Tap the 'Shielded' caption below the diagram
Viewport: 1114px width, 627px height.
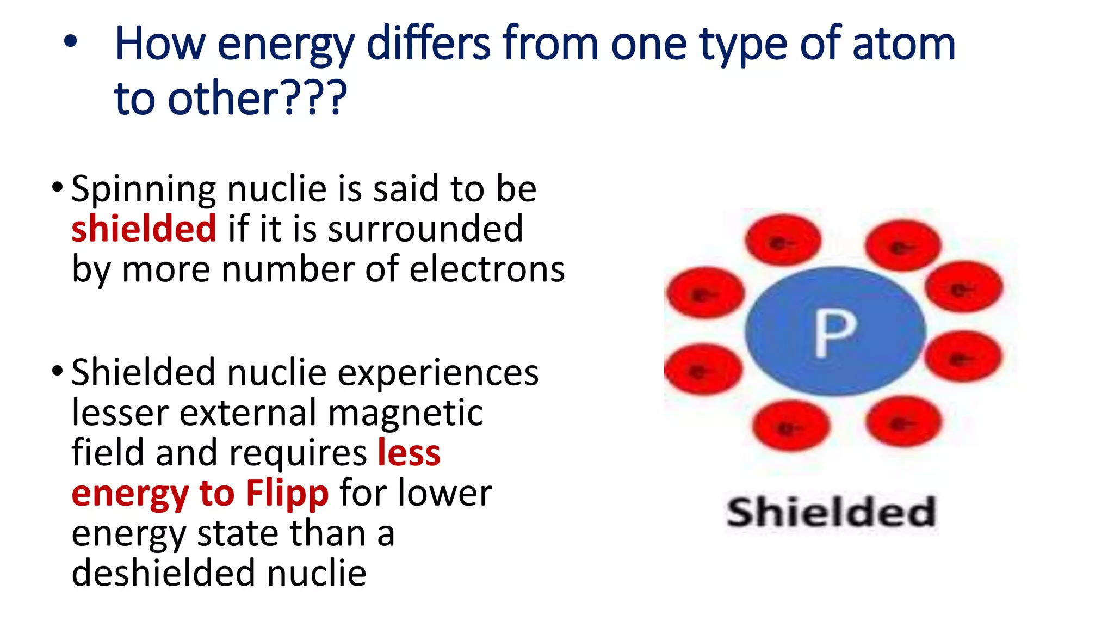tap(831, 512)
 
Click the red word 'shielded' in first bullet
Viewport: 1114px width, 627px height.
tap(144, 229)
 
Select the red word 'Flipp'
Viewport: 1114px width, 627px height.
tap(287, 493)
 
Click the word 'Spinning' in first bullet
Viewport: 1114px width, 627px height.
tap(143, 189)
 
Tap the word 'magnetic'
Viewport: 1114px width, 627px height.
tap(406, 413)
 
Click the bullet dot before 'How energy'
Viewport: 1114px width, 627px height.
tap(70, 42)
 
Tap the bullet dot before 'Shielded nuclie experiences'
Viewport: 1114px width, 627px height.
tap(57, 372)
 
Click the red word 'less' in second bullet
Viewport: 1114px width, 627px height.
tap(409, 453)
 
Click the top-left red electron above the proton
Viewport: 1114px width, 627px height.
tap(783, 240)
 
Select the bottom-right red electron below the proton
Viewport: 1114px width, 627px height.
tap(903, 422)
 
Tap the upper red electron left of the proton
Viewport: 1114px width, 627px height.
tap(705, 292)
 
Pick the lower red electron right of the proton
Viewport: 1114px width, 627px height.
tap(963, 356)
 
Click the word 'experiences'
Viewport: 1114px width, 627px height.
tap(438, 373)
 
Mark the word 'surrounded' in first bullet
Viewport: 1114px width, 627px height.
tap(425, 229)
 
